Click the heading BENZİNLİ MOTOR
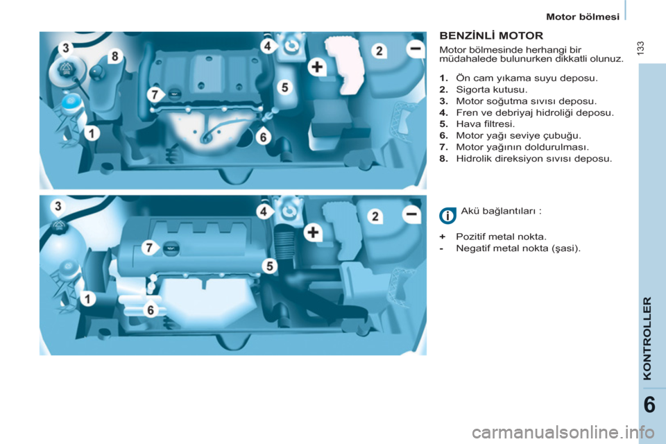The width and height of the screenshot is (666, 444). [491, 35]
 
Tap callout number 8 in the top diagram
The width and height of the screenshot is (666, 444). [114, 56]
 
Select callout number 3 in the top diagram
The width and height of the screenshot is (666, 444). [66, 48]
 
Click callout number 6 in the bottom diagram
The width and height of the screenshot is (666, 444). [151, 310]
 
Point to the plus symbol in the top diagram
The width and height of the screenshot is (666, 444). [317, 67]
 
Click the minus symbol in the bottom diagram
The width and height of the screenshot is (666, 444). [411, 214]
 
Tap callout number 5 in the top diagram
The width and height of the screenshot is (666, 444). [284, 87]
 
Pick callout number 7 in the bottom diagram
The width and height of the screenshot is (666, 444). [149, 247]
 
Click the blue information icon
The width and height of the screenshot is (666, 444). [447, 216]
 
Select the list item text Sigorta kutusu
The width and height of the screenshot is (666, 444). [491, 89]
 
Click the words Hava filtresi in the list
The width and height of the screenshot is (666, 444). [485, 124]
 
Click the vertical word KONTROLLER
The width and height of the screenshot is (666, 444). [647, 339]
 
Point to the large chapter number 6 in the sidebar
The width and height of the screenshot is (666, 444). [649, 405]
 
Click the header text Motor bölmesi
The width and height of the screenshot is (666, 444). [583, 17]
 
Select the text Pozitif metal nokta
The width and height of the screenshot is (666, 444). [501, 237]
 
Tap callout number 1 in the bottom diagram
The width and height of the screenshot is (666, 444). [87, 299]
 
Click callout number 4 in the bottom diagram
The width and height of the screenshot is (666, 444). [264, 211]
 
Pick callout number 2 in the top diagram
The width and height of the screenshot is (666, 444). [379, 51]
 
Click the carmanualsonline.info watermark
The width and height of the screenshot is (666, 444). [563, 433]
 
